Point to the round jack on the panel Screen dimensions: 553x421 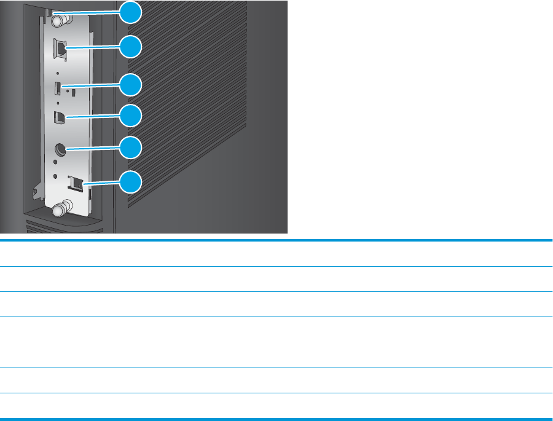click(x=60, y=150)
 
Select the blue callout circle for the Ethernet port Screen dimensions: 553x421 click(x=130, y=47)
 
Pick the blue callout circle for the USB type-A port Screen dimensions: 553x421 click(x=130, y=85)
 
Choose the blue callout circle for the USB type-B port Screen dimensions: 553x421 click(x=130, y=115)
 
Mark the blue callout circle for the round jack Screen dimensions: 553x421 click(x=130, y=148)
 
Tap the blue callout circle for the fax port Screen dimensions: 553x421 click(x=130, y=183)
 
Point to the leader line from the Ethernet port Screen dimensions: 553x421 click(x=92, y=47)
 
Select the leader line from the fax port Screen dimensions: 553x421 click(x=101, y=183)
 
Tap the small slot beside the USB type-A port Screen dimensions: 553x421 click(x=73, y=93)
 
